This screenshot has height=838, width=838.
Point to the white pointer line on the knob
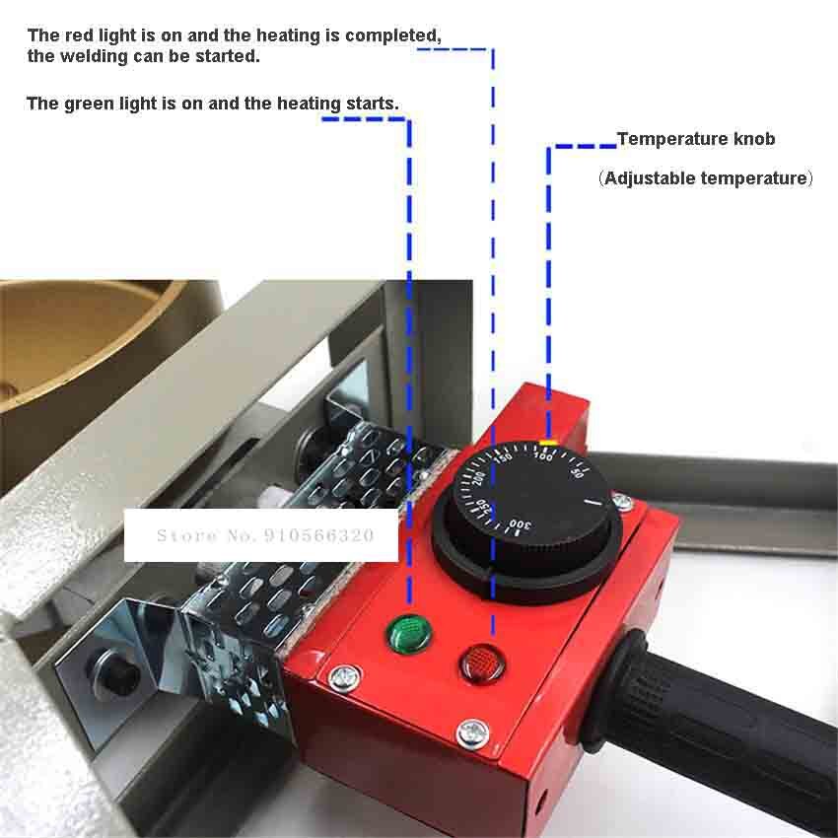[595, 502]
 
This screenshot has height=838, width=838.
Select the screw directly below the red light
[473, 731]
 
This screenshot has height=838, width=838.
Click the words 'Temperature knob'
[696, 139]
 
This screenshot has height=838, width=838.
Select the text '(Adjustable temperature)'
[705, 178]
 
